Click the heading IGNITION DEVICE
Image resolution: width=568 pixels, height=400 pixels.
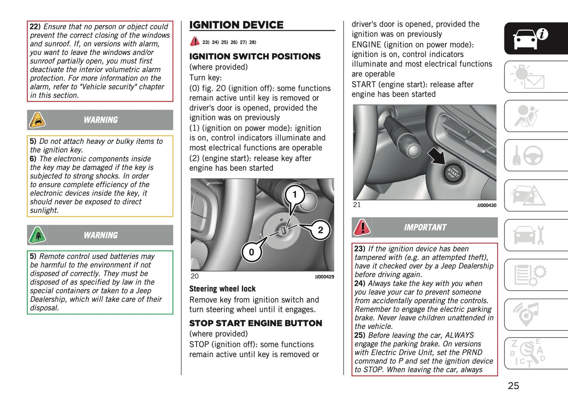(x=236, y=25)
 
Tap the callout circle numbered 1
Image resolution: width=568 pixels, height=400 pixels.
(x=294, y=194)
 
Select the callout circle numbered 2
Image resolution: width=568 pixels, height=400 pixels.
(x=320, y=230)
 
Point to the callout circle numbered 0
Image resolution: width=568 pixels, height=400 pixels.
(x=252, y=252)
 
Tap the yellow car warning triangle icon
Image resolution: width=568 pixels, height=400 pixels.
(x=37, y=120)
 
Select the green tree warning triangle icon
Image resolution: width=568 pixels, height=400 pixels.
(x=38, y=235)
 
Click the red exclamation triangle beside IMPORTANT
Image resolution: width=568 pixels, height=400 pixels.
(x=362, y=228)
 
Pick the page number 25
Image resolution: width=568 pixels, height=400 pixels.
(x=513, y=386)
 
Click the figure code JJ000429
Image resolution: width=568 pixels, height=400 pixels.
(x=324, y=277)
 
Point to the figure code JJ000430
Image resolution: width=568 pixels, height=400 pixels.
(x=487, y=206)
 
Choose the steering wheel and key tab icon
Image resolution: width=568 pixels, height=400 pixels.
(x=528, y=156)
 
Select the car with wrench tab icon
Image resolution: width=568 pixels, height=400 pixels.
(x=528, y=235)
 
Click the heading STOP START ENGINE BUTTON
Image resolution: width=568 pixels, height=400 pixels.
(x=256, y=323)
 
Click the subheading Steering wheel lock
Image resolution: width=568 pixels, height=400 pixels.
(x=222, y=289)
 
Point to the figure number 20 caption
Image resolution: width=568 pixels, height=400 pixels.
(x=195, y=276)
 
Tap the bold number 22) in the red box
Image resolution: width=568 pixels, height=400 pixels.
(x=35, y=27)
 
